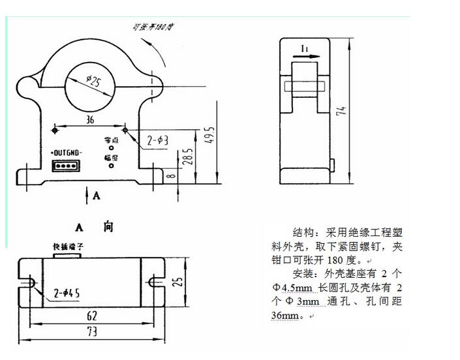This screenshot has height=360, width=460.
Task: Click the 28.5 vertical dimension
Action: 188,158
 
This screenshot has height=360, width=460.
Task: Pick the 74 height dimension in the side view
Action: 341,112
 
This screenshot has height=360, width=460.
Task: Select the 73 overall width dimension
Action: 91,332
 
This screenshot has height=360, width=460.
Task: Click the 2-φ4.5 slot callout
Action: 67,294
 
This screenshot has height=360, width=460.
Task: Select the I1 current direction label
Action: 304,49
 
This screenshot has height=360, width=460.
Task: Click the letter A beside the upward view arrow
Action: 97,195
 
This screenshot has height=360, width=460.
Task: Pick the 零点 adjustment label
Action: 110,140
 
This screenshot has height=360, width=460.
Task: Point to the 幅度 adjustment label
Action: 110,157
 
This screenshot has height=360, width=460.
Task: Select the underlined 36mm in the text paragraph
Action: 286,316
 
